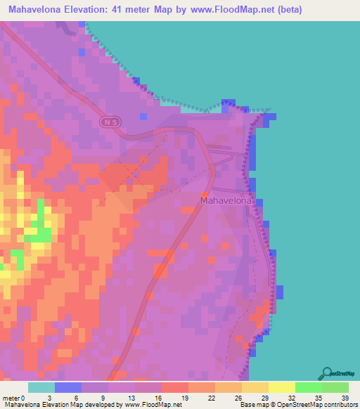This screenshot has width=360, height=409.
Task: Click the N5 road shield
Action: [x=111, y=122]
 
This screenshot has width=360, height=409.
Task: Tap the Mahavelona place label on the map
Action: [x=226, y=200]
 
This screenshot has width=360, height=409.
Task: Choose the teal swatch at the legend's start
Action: [x=41, y=387]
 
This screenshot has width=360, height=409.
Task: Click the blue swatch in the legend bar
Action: [x=67, y=387]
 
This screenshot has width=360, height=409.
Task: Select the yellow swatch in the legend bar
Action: [x=281, y=387]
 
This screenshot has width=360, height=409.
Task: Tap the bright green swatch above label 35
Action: [x=308, y=387]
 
